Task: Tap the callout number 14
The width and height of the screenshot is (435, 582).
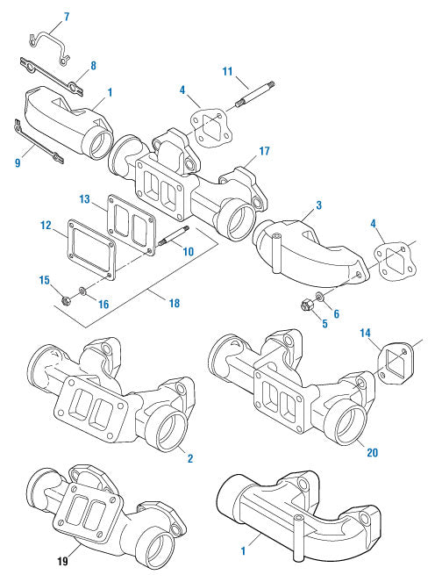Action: click(365, 332)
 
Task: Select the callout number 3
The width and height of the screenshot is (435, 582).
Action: click(318, 205)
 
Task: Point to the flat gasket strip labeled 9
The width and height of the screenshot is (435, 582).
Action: click(35, 141)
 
